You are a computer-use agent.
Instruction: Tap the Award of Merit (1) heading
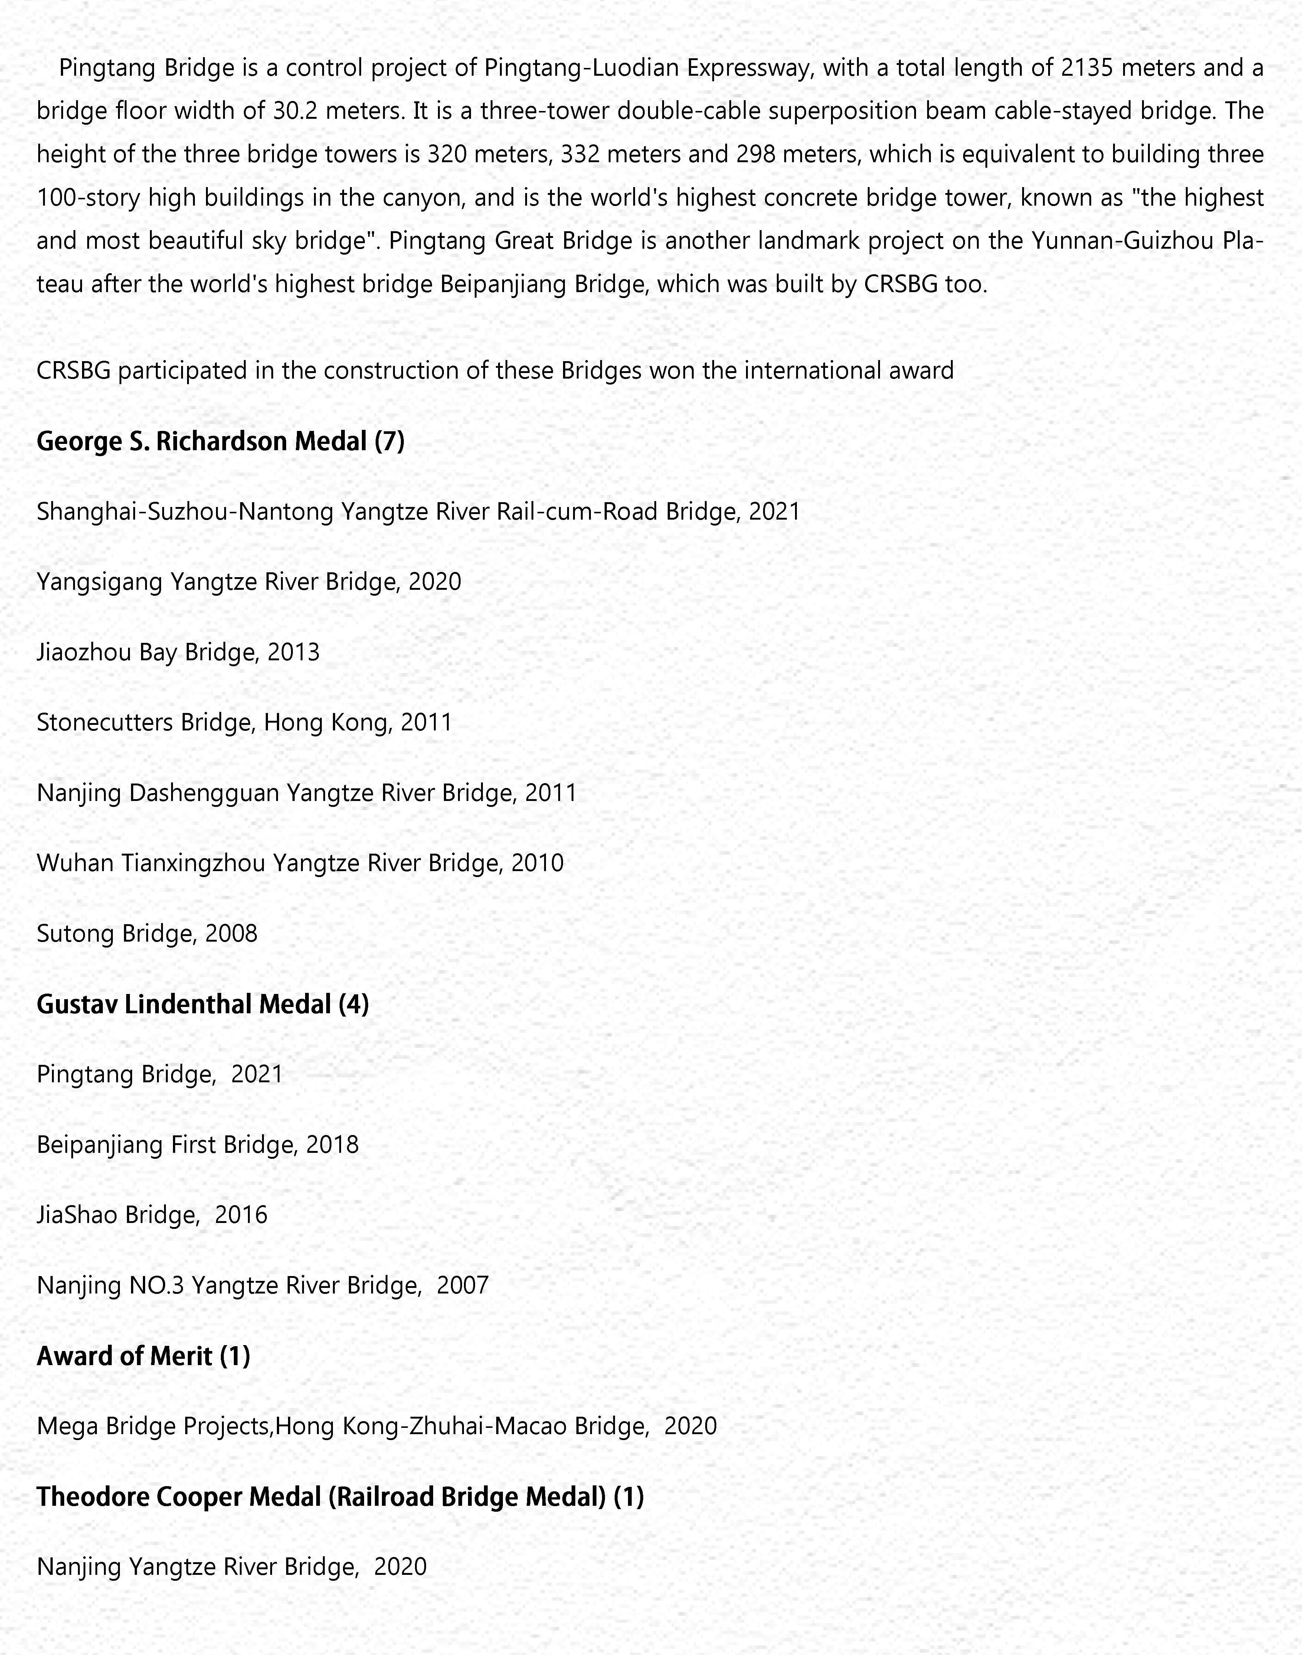[143, 1355]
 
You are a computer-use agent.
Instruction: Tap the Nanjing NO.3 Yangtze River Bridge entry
[262, 1285]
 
